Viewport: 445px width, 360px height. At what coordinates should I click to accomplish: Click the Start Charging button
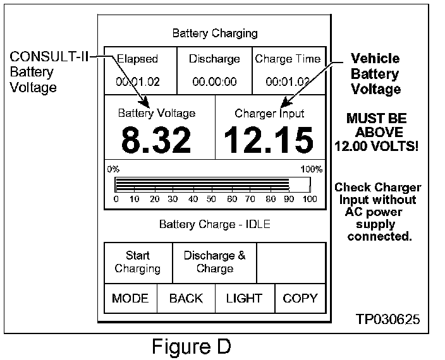pyautogui.click(x=138, y=262)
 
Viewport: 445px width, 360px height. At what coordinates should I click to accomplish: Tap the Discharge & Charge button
pyautogui.click(x=215, y=262)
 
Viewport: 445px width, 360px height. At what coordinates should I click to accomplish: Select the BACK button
pyautogui.click(x=186, y=299)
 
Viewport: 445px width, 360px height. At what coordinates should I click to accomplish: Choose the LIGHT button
pyautogui.click(x=244, y=299)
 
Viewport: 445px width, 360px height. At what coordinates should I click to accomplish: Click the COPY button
pyautogui.click(x=300, y=299)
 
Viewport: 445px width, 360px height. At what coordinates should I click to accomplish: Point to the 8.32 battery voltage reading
pyautogui.click(x=156, y=140)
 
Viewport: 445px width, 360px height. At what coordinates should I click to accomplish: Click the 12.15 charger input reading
pyautogui.click(x=269, y=140)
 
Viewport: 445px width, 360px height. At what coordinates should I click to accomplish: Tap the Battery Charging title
pyautogui.click(x=215, y=33)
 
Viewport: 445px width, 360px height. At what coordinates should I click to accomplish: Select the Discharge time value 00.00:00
pyautogui.click(x=214, y=81)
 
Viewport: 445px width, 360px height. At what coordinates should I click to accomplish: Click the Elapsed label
pyautogui.click(x=137, y=59)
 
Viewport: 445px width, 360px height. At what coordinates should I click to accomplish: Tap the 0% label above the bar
pyautogui.click(x=113, y=169)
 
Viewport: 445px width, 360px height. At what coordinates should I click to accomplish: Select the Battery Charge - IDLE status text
pyautogui.click(x=215, y=224)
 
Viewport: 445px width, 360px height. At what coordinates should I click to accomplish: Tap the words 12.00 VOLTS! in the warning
pyautogui.click(x=377, y=146)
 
